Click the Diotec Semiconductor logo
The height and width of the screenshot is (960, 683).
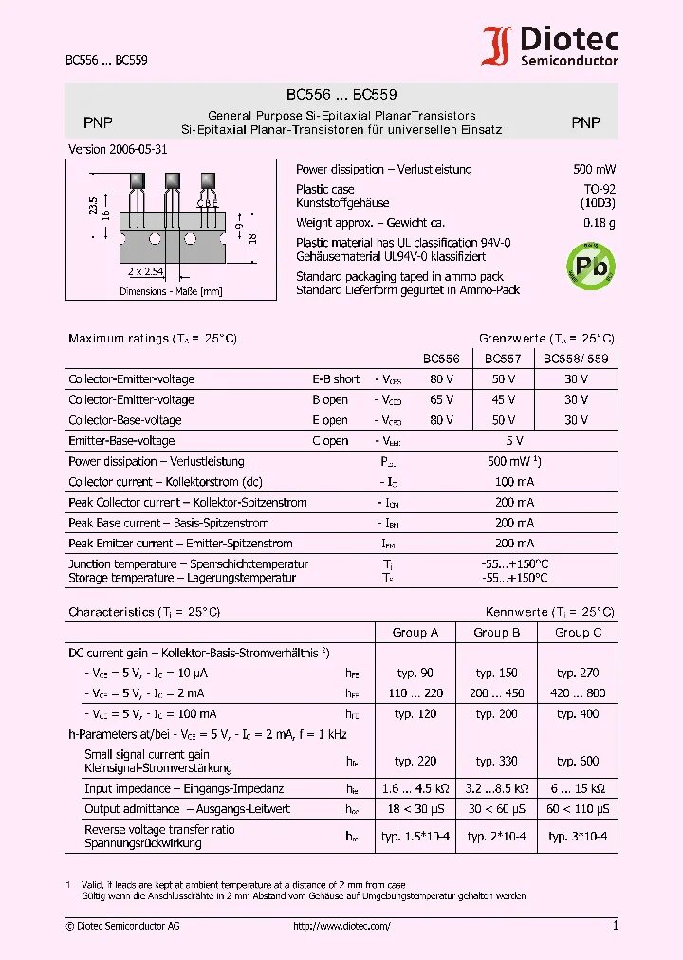click(550, 46)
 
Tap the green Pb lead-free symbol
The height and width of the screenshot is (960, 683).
click(590, 266)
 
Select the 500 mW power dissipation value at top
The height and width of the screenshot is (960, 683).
click(594, 170)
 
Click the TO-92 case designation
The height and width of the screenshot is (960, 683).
click(599, 190)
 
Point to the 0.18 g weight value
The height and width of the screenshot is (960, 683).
click(599, 223)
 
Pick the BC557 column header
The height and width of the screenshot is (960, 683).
click(503, 360)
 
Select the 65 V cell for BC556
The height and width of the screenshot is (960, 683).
click(441, 400)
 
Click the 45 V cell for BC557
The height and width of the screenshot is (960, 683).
click(503, 400)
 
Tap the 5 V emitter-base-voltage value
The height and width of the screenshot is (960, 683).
click(514, 441)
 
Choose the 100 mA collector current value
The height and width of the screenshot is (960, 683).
click(514, 482)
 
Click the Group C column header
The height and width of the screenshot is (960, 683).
click(578, 633)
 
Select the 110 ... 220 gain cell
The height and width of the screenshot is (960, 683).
click(415, 693)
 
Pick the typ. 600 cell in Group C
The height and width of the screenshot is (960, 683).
click(578, 761)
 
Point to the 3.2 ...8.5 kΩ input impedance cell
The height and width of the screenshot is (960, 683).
click(497, 788)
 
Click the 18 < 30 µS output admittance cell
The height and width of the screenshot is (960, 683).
click(415, 809)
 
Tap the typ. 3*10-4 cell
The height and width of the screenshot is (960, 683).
click(578, 837)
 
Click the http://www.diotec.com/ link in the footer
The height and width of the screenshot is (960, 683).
click(341, 926)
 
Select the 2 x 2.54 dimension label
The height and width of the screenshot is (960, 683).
click(146, 271)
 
